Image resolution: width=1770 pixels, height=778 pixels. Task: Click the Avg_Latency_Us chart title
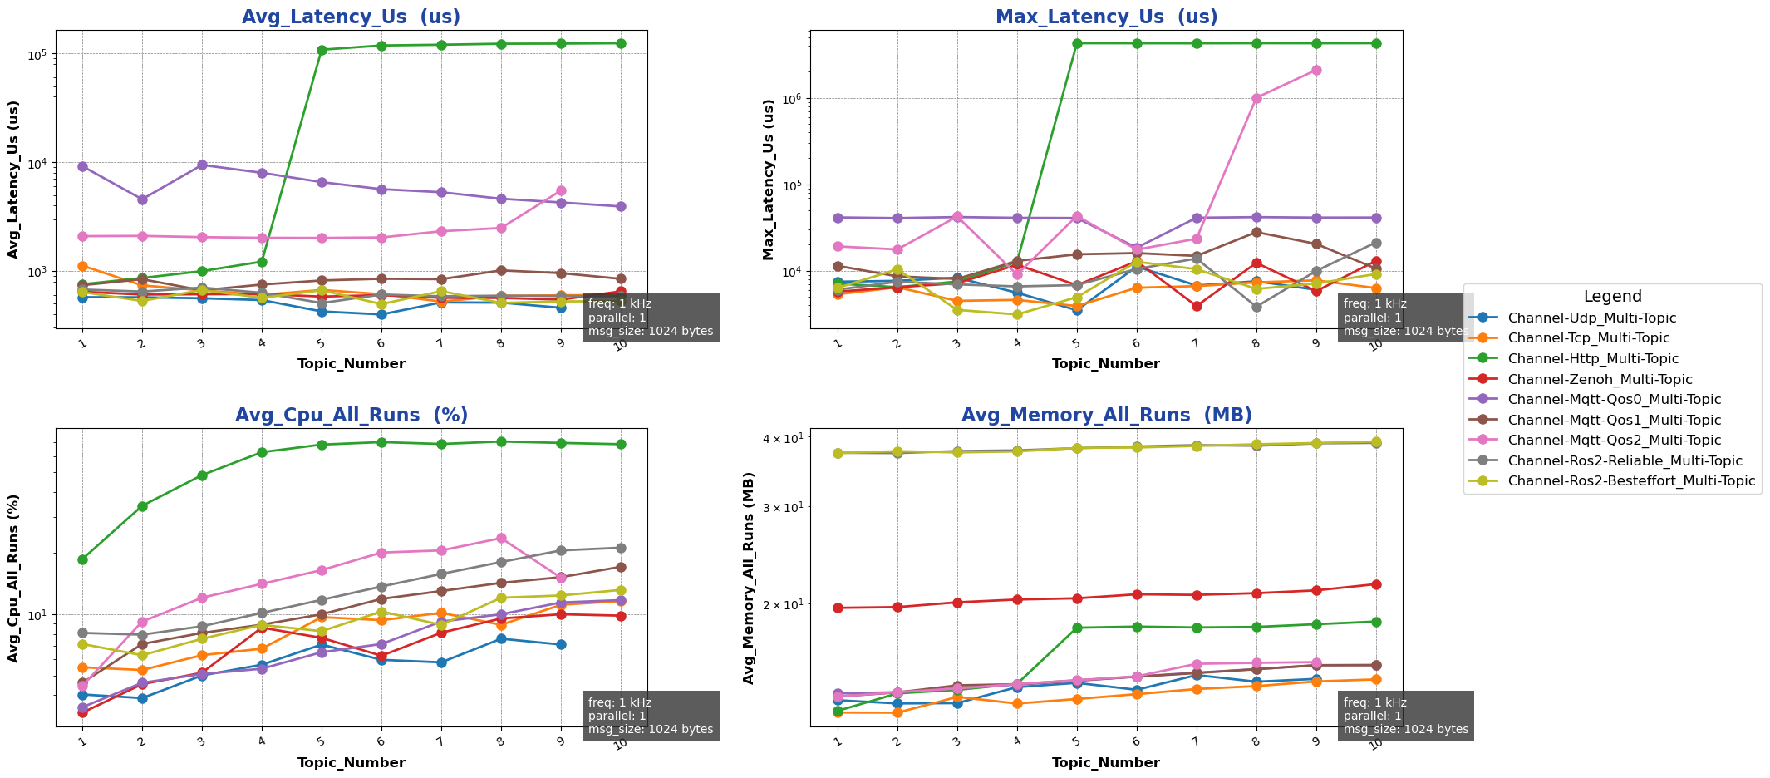pos(351,17)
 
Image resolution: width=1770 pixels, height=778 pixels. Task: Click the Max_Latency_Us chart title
pos(1106,17)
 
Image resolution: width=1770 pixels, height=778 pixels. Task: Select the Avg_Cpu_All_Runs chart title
pos(351,416)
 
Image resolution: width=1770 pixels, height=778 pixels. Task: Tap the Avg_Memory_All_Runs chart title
pos(1106,416)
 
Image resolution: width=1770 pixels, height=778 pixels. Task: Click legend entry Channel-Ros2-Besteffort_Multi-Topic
pos(1631,481)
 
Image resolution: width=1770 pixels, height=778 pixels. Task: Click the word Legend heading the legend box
pos(1612,297)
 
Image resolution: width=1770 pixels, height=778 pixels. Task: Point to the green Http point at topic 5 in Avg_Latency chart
pos(322,50)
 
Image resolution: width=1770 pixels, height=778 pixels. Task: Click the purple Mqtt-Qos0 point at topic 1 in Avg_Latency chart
pos(82,167)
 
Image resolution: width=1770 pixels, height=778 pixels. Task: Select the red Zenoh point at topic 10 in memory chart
pos(1376,584)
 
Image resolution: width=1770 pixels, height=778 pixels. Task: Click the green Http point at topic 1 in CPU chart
pos(82,559)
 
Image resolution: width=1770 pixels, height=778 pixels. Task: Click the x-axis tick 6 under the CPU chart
pos(381,741)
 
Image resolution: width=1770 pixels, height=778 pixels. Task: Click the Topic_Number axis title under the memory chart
pos(1105,763)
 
